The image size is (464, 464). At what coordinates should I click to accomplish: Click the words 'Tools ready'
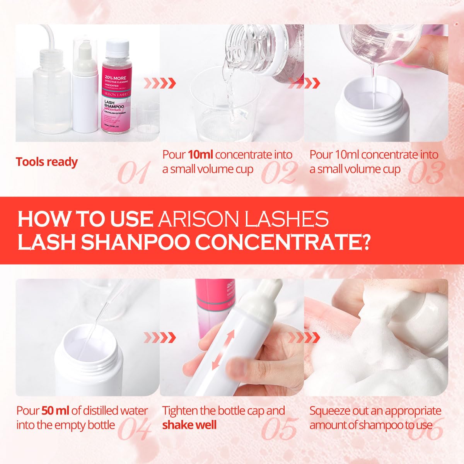(47, 162)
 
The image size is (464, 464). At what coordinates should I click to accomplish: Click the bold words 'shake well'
(189, 425)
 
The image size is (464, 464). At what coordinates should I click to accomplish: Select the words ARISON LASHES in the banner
(244, 219)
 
